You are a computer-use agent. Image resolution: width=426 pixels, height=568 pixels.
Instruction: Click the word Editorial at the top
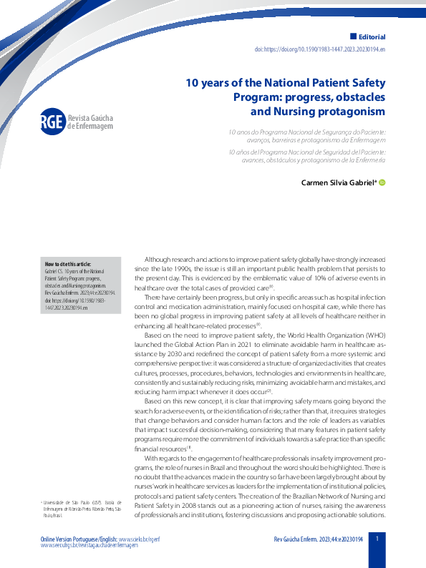(x=372, y=36)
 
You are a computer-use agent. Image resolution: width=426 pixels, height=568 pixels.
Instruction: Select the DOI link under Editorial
(x=320, y=50)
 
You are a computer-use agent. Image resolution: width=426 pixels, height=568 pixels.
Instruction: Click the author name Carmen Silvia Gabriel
(x=339, y=183)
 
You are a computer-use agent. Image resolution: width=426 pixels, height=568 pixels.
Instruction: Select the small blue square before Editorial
(x=353, y=36)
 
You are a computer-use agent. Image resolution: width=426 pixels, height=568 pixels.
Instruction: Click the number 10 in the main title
(x=192, y=82)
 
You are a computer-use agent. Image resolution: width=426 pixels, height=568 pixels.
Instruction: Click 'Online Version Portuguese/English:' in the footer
(x=79, y=537)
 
